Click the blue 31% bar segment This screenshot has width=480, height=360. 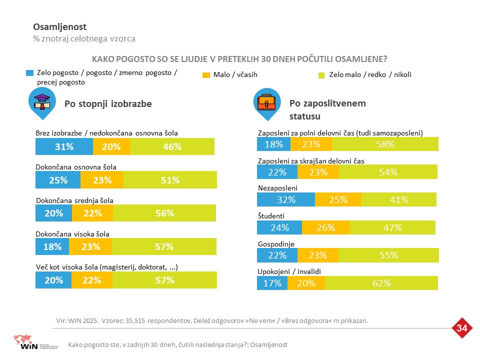(x=64, y=146)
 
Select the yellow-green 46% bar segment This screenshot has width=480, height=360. (x=172, y=146)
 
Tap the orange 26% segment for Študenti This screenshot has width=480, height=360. (x=325, y=227)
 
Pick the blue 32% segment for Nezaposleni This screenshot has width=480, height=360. (x=286, y=199)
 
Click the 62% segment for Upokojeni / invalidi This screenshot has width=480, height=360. (x=381, y=283)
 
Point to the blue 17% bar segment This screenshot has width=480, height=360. (x=272, y=283)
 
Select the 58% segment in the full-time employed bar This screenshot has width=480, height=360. (x=385, y=144)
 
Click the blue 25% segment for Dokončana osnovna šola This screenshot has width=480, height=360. (x=58, y=179)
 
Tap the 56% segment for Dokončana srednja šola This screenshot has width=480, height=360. (x=164, y=213)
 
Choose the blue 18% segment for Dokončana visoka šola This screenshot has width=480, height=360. (x=52, y=246)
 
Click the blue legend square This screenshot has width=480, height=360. (x=29, y=73)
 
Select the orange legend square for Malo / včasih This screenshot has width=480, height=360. (x=206, y=75)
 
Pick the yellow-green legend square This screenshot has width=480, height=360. (x=321, y=75)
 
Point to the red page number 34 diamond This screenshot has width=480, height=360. (x=462, y=328)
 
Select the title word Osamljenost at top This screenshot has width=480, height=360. (x=59, y=27)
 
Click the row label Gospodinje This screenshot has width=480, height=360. (x=276, y=244)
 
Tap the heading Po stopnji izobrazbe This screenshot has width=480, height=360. (x=108, y=104)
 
